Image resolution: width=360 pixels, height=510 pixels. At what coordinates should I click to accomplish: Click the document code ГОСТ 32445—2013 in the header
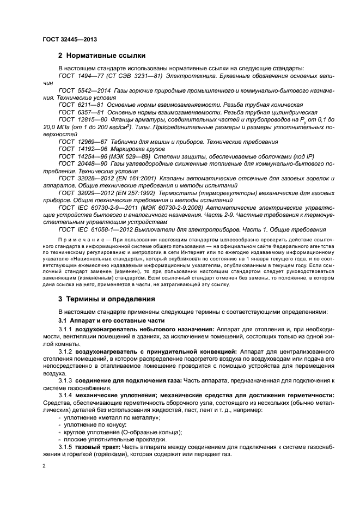(70, 40)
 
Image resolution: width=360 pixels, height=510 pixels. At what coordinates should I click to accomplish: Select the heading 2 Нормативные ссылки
(105, 55)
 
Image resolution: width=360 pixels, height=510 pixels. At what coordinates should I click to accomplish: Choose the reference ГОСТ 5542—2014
(83, 90)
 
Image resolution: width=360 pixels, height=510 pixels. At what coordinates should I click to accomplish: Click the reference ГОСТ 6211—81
(82, 104)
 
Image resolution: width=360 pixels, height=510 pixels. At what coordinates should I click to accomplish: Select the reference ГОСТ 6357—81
(82, 111)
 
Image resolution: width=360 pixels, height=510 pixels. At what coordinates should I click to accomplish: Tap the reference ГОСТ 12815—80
(83, 119)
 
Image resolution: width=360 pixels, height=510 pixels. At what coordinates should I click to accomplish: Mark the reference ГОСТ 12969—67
(83, 141)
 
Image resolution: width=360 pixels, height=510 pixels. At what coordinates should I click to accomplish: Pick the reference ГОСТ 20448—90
(83, 163)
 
